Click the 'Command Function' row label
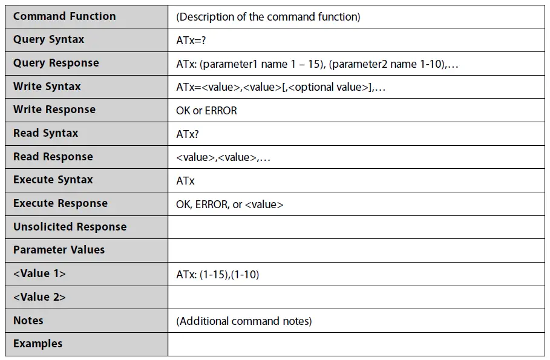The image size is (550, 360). point(64,16)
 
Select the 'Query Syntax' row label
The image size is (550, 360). point(48,40)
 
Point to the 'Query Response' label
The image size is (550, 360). point(56,63)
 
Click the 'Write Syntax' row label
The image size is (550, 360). point(47,87)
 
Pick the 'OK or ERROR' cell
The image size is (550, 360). point(206,111)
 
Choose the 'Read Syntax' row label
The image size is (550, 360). point(45,133)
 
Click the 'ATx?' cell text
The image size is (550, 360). point(188,134)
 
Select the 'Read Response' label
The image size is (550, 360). point(53,157)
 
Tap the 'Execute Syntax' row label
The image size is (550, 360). point(53,180)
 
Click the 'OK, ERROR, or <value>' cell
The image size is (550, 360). point(229,205)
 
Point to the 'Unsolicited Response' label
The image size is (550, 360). point(70,227)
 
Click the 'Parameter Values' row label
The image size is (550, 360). point(59,250)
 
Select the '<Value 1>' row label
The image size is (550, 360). point(39,273)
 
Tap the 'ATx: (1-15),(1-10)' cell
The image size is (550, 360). point(217,275)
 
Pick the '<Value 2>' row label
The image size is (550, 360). point(39,297)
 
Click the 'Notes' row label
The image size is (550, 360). point(28,321)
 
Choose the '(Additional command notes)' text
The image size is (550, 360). point(244,321)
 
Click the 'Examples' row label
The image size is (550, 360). point(38,344)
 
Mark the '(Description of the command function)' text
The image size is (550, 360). point(268,17)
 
